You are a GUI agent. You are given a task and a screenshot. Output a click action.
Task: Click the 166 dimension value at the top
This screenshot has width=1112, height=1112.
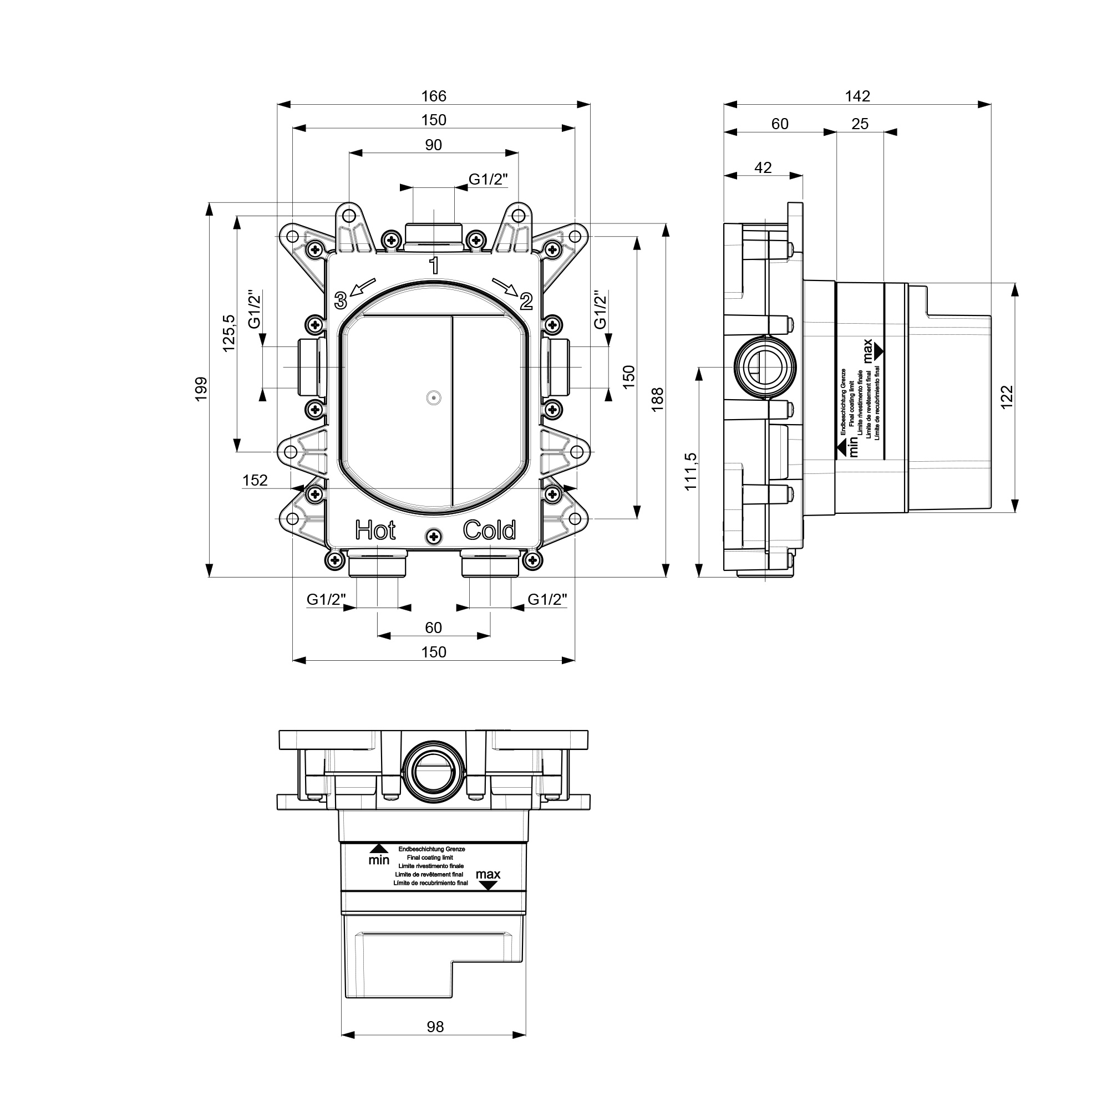(x=434, y=96)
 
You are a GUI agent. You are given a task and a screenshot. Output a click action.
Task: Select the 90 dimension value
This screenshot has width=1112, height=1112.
(x=433, y=145)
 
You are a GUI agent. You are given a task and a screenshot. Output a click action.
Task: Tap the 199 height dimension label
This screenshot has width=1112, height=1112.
(x=200, y=389)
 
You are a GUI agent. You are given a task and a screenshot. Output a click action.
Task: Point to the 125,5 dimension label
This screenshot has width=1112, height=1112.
(x=229, y=333)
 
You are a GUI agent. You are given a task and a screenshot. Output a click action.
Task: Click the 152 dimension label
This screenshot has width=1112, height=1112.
(x=255, y=480)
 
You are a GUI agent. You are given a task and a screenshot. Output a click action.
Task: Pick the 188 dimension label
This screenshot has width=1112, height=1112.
(x=657, y=400)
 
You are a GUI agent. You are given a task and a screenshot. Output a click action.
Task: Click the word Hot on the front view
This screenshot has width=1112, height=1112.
(x=375, y=530)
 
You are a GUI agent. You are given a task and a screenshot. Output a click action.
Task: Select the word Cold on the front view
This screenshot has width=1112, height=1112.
(x=489, y=530)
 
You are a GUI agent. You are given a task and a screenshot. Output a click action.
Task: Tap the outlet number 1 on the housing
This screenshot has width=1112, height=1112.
(x=434, y=266)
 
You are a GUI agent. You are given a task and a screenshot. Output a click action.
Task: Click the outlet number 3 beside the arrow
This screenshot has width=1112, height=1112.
(x=341, y=300)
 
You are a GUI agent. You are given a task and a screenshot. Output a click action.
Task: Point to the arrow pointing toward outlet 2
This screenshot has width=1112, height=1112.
(x=505, y=286)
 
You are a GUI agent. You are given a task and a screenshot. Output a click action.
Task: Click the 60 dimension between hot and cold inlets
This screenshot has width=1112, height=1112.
(x=433, y=628)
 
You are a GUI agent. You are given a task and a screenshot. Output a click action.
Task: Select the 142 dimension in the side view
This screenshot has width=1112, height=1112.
(x=857, y=96)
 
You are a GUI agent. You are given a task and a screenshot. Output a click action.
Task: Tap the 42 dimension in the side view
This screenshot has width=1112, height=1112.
(x=763, y=167)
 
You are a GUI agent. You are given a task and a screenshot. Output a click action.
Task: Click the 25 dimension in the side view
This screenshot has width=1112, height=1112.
(x=860, y=124)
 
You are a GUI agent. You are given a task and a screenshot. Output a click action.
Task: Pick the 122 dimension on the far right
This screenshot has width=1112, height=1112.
(x=1006, y=397)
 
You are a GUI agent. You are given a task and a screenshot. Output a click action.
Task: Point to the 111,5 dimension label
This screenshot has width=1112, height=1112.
(x=690, y=472)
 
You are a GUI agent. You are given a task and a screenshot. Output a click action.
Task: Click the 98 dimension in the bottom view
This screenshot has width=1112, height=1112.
(x=435, y=1027)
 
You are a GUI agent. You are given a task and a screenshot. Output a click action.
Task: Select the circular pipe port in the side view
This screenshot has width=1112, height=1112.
(x=764, y=366)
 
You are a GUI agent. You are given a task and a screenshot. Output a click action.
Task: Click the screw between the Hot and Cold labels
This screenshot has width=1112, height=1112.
(x=434, y=537)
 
